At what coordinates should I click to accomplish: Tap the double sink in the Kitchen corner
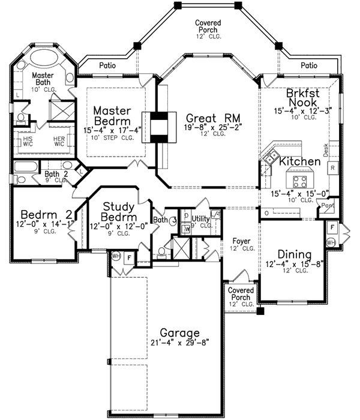tap(269, 158)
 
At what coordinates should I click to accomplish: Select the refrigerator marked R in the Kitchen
tap(332, 168)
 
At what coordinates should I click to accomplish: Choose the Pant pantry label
tap(328, 205)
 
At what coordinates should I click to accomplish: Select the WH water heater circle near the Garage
tap(115, 256)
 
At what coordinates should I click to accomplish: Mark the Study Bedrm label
tap(118, 211)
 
